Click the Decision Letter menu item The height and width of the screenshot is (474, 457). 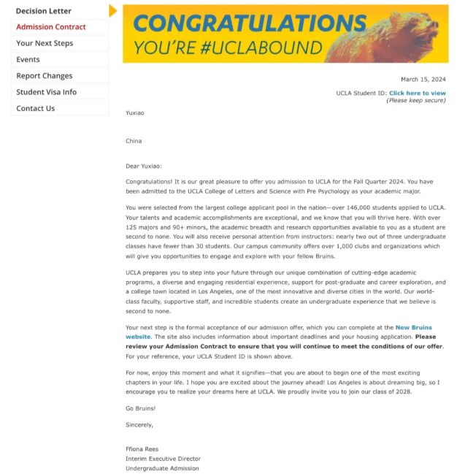pos(44,11)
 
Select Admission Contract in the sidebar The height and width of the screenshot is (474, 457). pos(50,27)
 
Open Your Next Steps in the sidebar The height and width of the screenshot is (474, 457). pos(45,43)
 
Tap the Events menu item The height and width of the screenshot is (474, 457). pos(28,59)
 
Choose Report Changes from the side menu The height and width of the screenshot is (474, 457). pos(45,76)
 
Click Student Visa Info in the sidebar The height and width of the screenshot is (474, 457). pos(46,92)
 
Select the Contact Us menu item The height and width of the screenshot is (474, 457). pos(35,108)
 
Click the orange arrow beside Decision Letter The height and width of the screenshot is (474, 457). pos(112,10)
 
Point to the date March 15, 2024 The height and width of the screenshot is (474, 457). pos(423,79)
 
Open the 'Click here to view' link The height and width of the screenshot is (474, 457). pos(417,93)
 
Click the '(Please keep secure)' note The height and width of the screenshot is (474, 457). pos(415,100)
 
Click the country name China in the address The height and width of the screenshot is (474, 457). pos(134,141)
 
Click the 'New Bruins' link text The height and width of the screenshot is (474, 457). pos(413,328)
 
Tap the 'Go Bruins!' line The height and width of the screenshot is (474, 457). pos(140,408)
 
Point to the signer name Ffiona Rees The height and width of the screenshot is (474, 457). pos(142,449)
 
